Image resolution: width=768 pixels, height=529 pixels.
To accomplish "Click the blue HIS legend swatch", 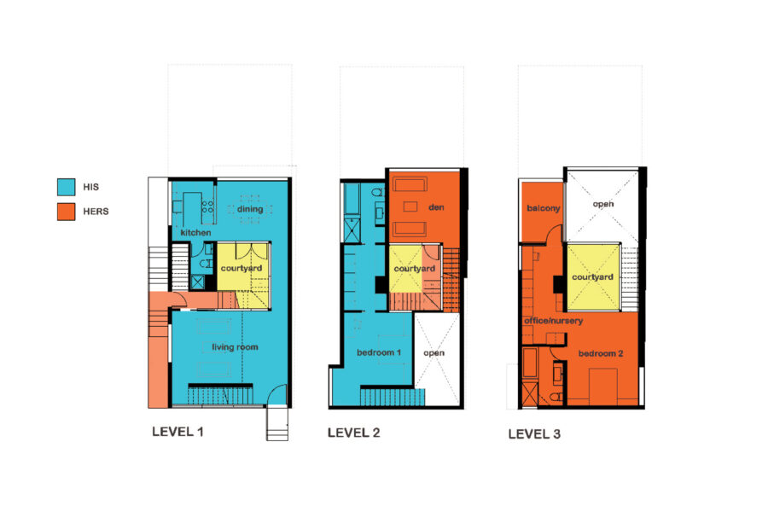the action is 66,187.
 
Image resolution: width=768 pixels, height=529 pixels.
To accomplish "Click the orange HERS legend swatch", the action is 66,212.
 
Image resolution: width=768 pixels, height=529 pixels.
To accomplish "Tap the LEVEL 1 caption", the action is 177,432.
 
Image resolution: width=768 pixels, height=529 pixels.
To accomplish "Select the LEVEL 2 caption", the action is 353,433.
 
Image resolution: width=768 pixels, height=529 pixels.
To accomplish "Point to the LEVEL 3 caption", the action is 534,434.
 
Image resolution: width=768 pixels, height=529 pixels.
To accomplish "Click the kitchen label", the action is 195,233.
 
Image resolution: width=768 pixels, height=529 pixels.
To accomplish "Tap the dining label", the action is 250,209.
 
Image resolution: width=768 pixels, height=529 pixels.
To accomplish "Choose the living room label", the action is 235,347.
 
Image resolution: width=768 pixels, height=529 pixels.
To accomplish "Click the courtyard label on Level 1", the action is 241,269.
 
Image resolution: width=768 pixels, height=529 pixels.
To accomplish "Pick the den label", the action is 436,207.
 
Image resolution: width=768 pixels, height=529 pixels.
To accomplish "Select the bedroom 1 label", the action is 379,352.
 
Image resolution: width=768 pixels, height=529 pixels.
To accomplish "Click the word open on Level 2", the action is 434,353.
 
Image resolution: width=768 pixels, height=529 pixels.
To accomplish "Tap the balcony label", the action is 544,208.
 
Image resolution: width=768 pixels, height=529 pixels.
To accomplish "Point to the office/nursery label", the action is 553,321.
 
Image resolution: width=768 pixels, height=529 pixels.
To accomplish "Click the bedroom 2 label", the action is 601,353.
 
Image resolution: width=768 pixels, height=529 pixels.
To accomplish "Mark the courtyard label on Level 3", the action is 592,277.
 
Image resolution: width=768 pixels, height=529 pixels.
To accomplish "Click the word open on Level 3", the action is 603,204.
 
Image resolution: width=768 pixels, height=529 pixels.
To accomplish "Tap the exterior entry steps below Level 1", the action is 277,424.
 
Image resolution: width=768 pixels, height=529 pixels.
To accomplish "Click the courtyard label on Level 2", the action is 415,269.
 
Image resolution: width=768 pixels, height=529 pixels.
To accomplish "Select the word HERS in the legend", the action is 96,212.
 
